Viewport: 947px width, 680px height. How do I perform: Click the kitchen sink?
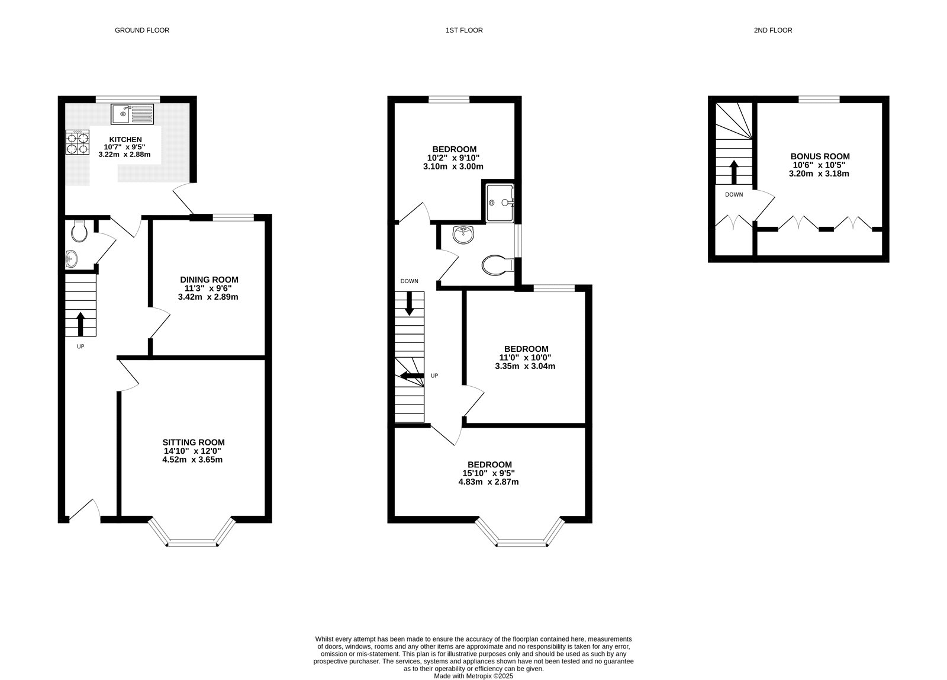(133, 114)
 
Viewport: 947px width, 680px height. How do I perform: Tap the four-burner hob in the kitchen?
(78, 142)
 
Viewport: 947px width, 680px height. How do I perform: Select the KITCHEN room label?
(125, 139)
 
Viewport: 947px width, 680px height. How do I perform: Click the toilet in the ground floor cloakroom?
(79, 231)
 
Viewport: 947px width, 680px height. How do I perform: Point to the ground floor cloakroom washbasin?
(72, 258)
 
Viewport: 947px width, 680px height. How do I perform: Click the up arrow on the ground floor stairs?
(80, 324)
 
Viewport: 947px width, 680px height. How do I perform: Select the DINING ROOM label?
(210, 280)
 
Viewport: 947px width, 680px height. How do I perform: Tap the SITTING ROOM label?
(194, 442)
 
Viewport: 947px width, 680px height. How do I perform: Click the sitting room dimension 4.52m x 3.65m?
(192, 460)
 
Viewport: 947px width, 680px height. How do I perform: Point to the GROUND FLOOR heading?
(142, 30)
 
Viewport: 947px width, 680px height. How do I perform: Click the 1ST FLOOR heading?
(464, 30)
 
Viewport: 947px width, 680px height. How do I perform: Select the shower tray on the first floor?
(500, 203)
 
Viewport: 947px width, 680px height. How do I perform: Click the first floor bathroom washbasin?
(463, 235)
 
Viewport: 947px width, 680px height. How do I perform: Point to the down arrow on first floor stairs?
(409, 303)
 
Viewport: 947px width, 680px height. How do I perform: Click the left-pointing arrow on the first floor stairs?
(412, 376)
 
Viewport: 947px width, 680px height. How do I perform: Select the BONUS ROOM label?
(820, 156)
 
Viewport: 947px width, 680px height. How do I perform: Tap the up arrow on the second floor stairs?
(734, 172)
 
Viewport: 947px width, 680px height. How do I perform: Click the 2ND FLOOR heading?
(773, 30)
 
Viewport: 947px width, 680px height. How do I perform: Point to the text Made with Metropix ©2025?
(474, 676)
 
